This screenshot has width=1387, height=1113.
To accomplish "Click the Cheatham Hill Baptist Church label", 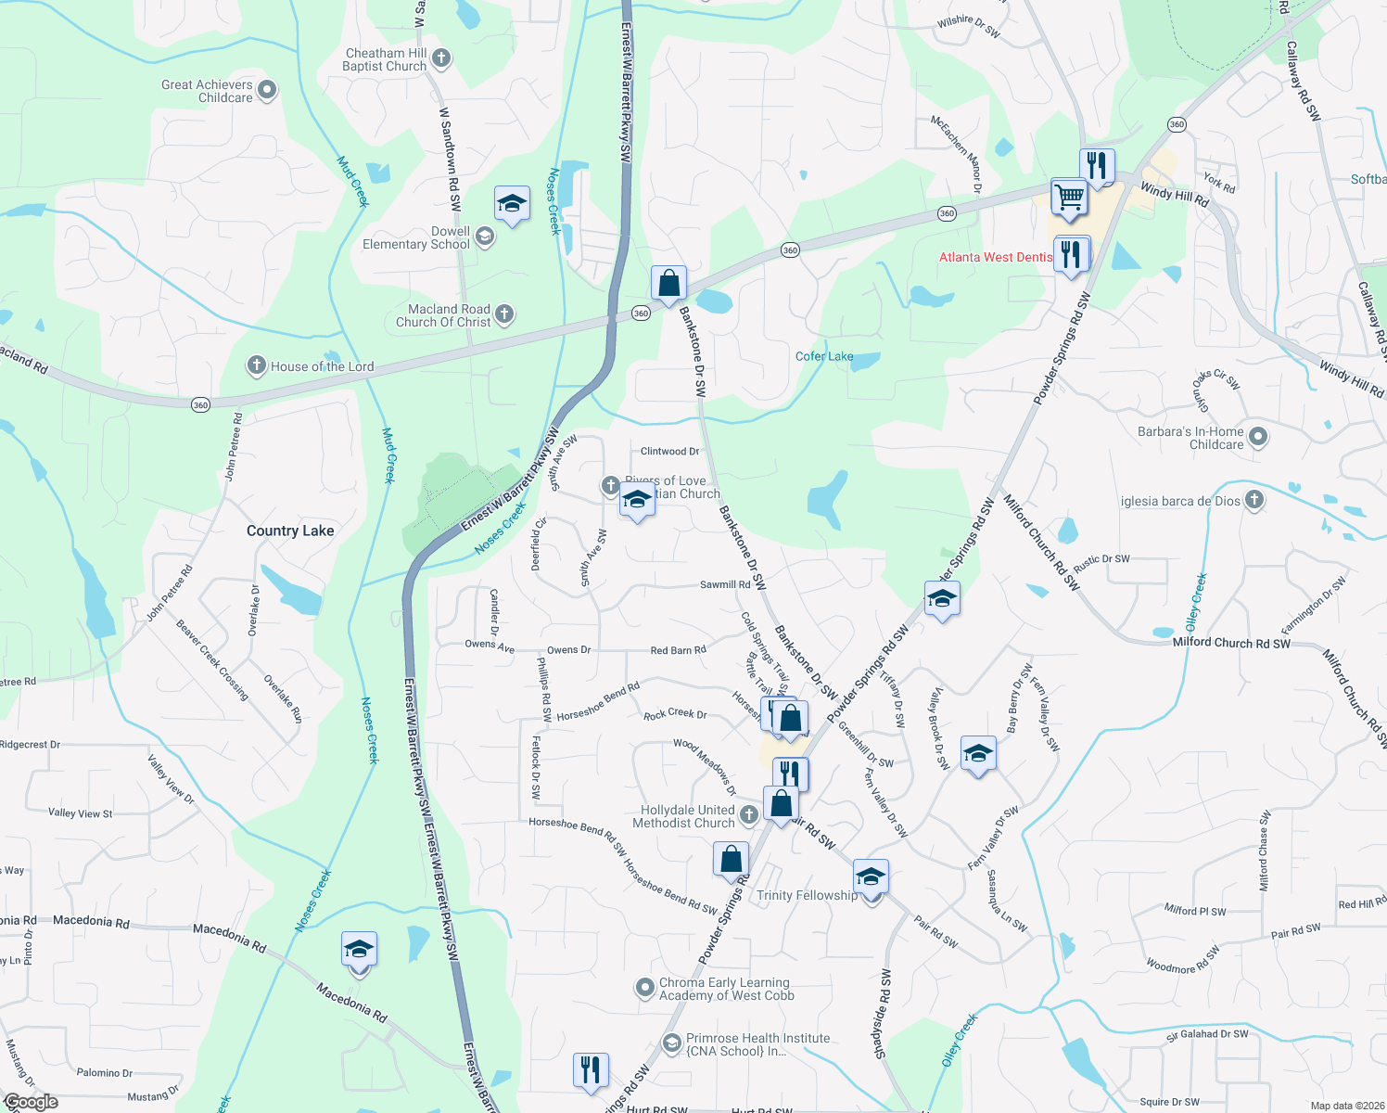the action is [385, 59].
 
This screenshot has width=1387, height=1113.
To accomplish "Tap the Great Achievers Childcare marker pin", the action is [267, 90].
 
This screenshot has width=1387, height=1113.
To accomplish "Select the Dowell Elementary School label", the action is [416, 238].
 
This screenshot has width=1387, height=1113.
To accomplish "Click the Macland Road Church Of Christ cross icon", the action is [504, 314].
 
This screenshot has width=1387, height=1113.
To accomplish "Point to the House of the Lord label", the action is [322, 366].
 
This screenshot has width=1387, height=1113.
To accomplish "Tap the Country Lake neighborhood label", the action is [290, 531].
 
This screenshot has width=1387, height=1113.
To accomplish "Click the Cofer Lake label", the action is [824, 356].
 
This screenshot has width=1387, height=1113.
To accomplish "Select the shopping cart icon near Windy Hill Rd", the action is [1069, 197].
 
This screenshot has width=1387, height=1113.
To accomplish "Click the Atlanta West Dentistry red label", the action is [996, 257].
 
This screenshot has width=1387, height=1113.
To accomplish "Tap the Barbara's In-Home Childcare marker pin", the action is [1258, 436].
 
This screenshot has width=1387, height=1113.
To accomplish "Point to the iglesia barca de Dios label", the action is [1180, 501].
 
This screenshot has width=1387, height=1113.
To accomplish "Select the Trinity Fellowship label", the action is [807, 895].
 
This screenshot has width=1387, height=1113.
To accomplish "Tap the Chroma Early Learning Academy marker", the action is [644, 989].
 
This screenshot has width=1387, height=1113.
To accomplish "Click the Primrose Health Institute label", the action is [757, 1044].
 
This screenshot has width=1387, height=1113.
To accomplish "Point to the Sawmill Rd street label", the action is [725, 584].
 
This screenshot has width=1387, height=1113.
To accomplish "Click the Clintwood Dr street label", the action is [669, 452].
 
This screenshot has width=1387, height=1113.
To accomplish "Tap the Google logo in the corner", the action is [32, 1102].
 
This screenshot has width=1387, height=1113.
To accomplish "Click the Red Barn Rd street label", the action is [678, 650].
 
